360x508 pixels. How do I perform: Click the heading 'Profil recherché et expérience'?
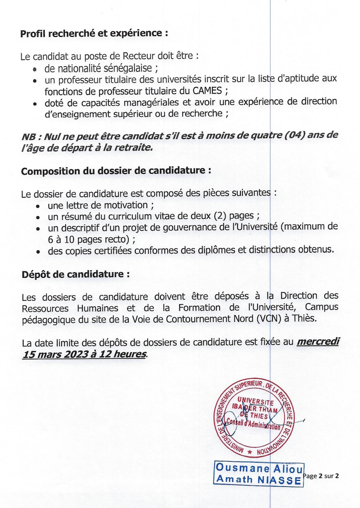[x=94, y=34]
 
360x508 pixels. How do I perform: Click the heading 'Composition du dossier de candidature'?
[x=116, y=171]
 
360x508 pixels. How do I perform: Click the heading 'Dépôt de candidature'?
[x=76, y=275]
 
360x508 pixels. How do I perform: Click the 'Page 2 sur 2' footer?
[x=322, y=476]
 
